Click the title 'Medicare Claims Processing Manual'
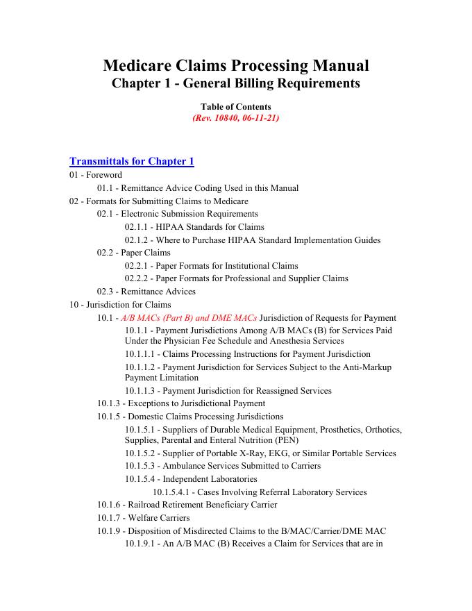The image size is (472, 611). coord(236,66)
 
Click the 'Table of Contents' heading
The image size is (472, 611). coord(236,107)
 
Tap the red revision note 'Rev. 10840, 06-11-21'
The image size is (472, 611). coord(236,118)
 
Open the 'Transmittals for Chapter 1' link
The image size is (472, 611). coord(132,162)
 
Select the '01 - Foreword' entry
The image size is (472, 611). coord(96,175)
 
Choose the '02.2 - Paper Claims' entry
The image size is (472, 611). coord(134,253)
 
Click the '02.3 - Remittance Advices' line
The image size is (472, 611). coord(146,292)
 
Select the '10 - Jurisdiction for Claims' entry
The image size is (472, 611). coord(120,305)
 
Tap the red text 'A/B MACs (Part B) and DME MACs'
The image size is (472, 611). coord(189,318)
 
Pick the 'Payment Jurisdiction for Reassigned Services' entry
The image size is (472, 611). coord(247,391)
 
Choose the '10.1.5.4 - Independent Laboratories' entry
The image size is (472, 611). coord(191,479)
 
